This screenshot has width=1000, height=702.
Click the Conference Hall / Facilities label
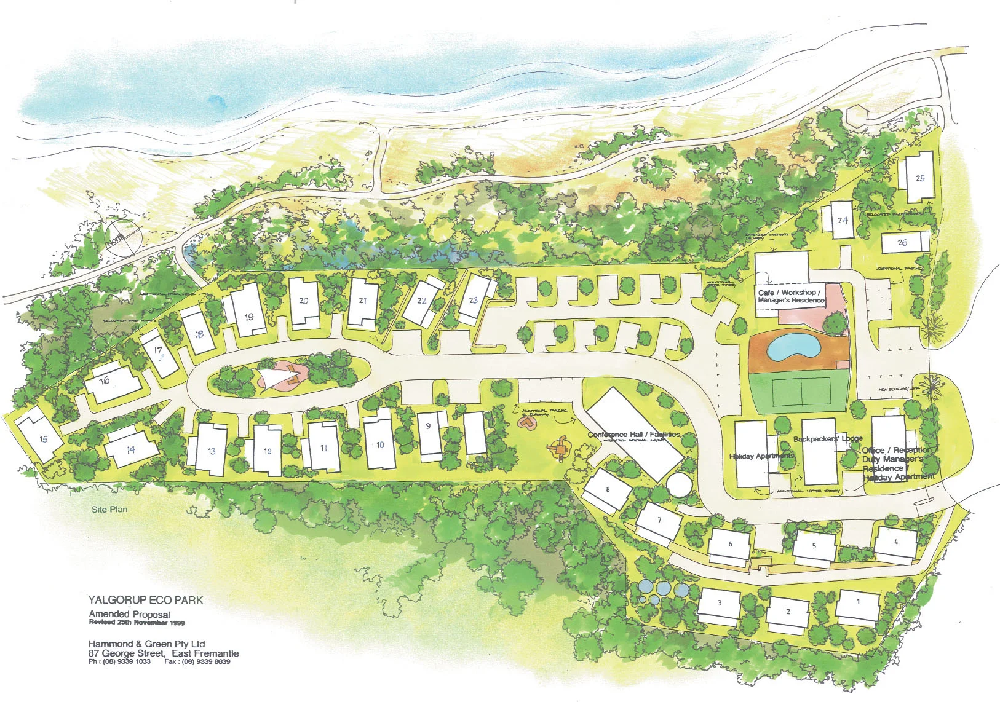click(x=633, y=435)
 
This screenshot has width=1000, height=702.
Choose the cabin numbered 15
click(x=41, y=438)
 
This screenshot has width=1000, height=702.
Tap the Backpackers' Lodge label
click(x=827, y=439)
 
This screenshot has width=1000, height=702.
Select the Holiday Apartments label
click(x=761, y=456)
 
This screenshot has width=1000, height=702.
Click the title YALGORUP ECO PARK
click(x=146, y=600)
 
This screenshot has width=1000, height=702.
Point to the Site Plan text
click(x=109, y=510)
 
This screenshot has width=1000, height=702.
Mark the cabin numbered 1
click(x=858, y=605)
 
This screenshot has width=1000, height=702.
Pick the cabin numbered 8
click(x=608, y=491)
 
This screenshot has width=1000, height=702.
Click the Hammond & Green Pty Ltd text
click(x=146, y=644)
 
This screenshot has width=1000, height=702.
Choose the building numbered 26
click(x=905, y=242)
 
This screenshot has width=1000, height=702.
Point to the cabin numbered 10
click(x=379, y=444)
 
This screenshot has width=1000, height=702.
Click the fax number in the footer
click(x=197, y=662)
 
